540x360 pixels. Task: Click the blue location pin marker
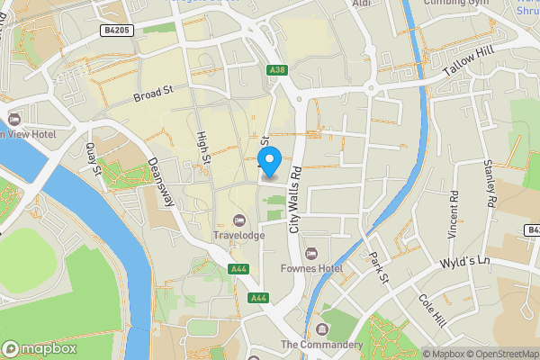271,166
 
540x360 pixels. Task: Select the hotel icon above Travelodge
238,220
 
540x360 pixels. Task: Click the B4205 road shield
116,31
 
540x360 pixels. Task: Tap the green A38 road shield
276,69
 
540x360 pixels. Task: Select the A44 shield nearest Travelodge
238,269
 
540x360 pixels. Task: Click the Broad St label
152,94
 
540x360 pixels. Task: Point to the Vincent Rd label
454,213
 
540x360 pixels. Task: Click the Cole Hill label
431,310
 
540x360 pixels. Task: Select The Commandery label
321,345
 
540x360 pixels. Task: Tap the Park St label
378,269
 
